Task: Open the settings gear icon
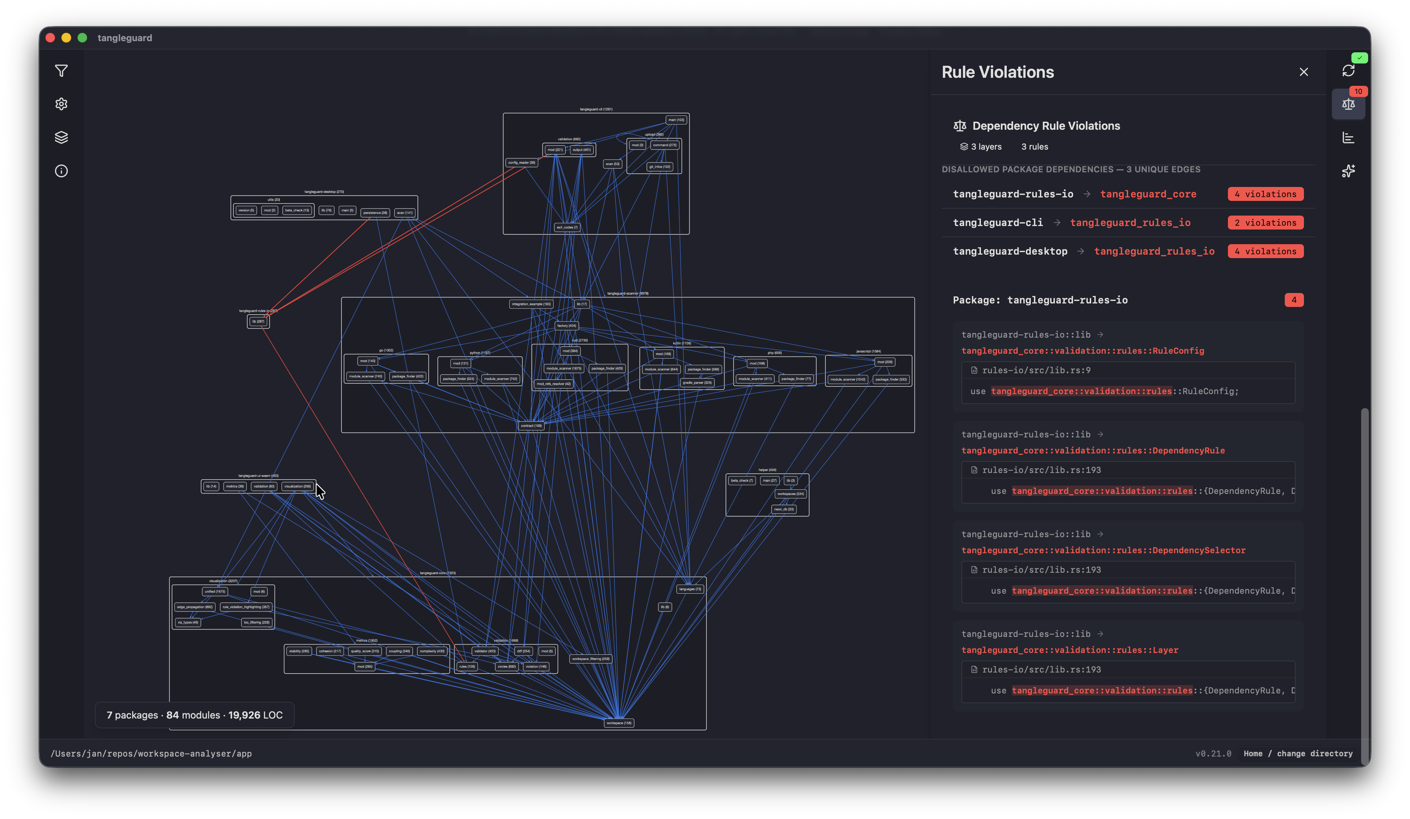coord(61,104)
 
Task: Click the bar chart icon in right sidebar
coord(1348,138)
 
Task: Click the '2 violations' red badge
coord(1265,223)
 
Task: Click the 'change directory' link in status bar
coord(1314,753)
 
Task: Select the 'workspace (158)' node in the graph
coord(619,723)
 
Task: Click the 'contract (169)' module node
coord(531,426)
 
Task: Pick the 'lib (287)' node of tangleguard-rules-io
coord(258,322)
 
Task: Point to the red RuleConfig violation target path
coord(1082,351)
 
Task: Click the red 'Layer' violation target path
coord(1069,650)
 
